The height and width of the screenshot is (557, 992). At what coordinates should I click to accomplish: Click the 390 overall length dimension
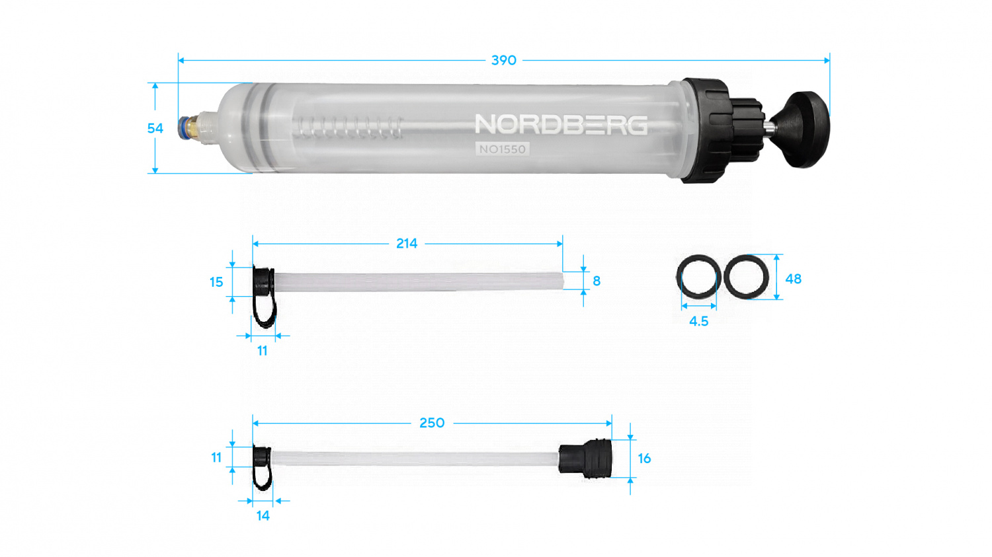503,60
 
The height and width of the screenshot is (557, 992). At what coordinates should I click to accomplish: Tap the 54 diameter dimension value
155,128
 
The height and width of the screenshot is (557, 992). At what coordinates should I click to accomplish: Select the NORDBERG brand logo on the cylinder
561,124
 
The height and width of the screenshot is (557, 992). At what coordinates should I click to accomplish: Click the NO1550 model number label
502,149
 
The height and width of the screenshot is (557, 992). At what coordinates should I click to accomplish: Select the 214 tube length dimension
407,243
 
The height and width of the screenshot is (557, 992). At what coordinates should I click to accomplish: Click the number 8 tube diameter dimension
597,281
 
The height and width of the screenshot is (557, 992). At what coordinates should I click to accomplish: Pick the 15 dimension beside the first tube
216,282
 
